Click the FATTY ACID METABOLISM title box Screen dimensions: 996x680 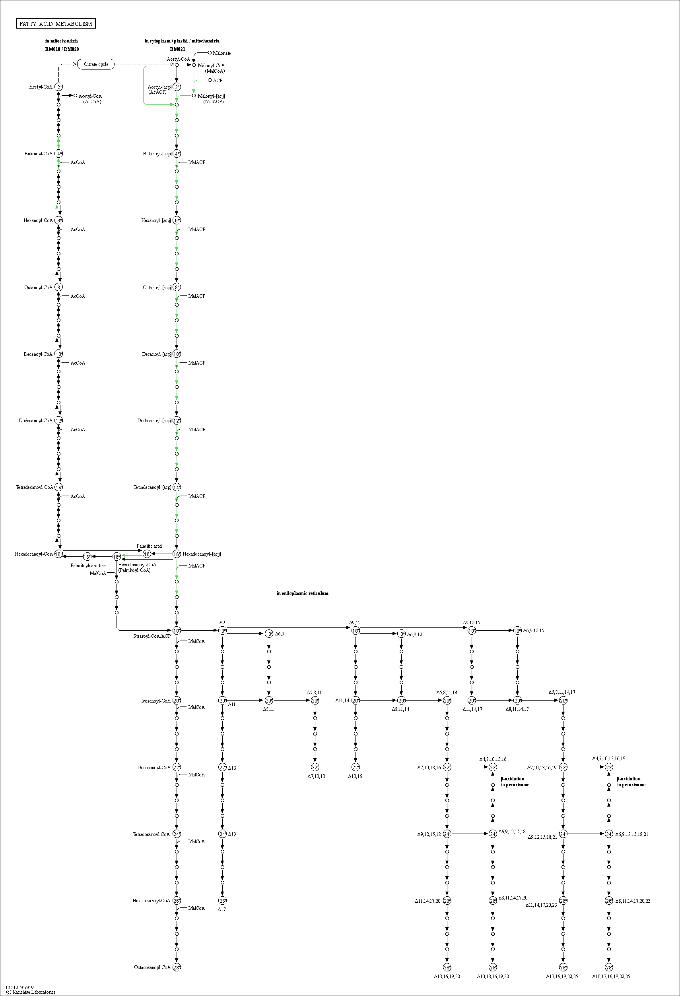click(56, 23)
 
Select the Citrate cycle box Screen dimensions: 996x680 click(96, 64)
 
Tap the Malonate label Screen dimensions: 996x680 click(222, 53)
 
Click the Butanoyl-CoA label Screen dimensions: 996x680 click(38, 153)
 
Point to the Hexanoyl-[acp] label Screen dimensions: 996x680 click(156, 220)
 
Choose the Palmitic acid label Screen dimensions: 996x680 click(149, 546)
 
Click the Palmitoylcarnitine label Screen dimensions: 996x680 click(88, 565)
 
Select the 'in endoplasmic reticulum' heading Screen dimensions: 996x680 click(303, 593)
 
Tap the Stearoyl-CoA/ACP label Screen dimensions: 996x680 click(152, 636)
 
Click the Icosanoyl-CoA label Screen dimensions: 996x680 click(156, 701)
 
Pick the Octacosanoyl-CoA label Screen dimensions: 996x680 click(152, 967)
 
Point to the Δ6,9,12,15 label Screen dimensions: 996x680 click(533, 630)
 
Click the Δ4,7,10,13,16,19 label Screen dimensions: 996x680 click(608, 758)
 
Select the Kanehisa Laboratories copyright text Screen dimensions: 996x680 click(31, 992)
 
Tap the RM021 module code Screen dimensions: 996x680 click(178, 49)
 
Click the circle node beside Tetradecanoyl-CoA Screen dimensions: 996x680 click(59, 487)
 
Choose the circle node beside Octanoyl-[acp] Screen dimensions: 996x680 click(177, 287)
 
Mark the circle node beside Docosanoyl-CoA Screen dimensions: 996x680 click(177, 767)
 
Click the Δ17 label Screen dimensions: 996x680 click(221, 909)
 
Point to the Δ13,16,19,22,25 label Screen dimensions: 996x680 click(562, 976)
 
